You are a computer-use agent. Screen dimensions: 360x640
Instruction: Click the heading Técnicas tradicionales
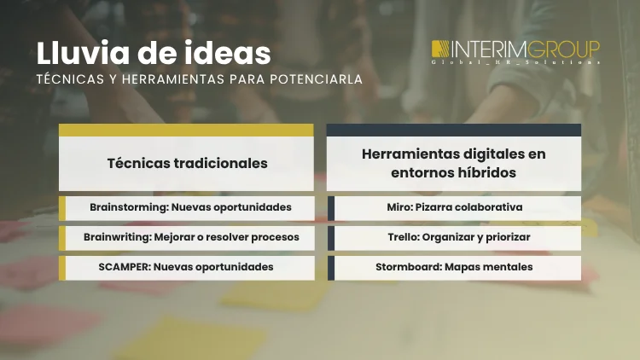(x=187, y=162)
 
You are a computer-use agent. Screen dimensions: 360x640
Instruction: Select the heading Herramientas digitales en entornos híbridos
(x=453, y=162)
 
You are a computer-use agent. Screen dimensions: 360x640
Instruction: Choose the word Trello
(x=393, y=237)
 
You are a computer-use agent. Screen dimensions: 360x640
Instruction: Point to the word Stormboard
(x=406, y=267)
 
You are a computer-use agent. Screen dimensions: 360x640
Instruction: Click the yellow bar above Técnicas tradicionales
(x=186, y=130)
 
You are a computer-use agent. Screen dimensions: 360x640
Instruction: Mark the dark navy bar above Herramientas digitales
(x=453, y=130)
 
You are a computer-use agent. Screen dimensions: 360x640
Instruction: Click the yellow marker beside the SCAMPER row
(x=62, y=267)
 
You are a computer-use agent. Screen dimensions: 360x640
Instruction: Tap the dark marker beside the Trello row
(x=330, y=237)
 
